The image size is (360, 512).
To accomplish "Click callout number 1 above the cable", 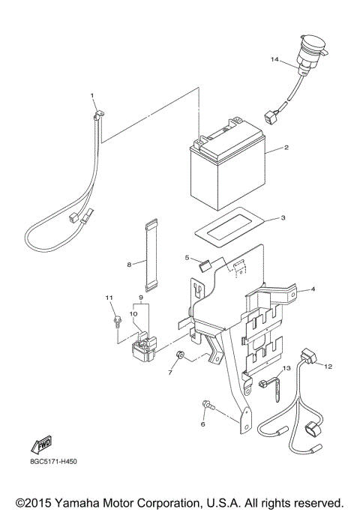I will pos(93,96).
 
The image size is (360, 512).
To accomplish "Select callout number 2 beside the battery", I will pos(286,148).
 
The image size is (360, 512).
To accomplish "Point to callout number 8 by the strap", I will pos(130,264).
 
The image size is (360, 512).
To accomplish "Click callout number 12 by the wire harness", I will pos(328,365).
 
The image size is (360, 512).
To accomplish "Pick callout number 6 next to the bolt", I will pos(202,424).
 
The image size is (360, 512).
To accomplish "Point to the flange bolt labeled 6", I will pos(208,406).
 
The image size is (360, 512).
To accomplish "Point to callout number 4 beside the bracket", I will pos(313,289).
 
